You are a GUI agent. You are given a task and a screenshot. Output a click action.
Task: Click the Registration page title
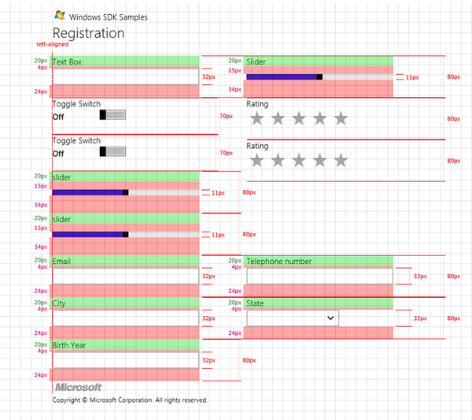pos(88,33)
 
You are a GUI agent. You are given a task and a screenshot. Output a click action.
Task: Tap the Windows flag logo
pos(60,16)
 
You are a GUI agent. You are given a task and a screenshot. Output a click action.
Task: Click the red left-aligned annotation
pos(53,44)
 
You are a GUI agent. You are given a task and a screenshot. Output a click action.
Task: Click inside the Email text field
pos(126,276)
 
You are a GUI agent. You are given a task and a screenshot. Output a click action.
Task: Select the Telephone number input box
pos(319,276)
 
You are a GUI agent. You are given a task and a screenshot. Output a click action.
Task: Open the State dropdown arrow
pos(330,318)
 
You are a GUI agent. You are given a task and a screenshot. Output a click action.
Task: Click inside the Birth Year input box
pos(126,360)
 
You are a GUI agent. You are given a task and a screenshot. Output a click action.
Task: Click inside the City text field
pos(126,318)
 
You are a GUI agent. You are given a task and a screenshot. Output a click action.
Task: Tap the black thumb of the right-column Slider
pos(319,77)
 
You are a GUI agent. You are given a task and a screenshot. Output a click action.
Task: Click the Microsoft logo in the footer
pos(78,387)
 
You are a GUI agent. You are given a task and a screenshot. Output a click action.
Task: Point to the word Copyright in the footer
pos(66,400)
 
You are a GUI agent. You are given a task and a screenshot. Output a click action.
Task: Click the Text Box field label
pos(67,61)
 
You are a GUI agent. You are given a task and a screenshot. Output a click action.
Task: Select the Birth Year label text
pos(69,345)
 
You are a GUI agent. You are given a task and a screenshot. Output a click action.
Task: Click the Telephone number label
pos(279,262)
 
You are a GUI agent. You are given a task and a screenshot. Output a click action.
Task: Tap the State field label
pos(255,303)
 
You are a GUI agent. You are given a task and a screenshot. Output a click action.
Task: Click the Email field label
pos(61,261)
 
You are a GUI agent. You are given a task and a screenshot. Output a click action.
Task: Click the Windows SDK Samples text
pos(109,17)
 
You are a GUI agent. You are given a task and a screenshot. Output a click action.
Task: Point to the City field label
pos(59,303)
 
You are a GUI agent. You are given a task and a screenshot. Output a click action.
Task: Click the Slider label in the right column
pos(256,61)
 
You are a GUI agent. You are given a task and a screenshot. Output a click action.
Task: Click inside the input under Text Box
pos(126,76)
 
